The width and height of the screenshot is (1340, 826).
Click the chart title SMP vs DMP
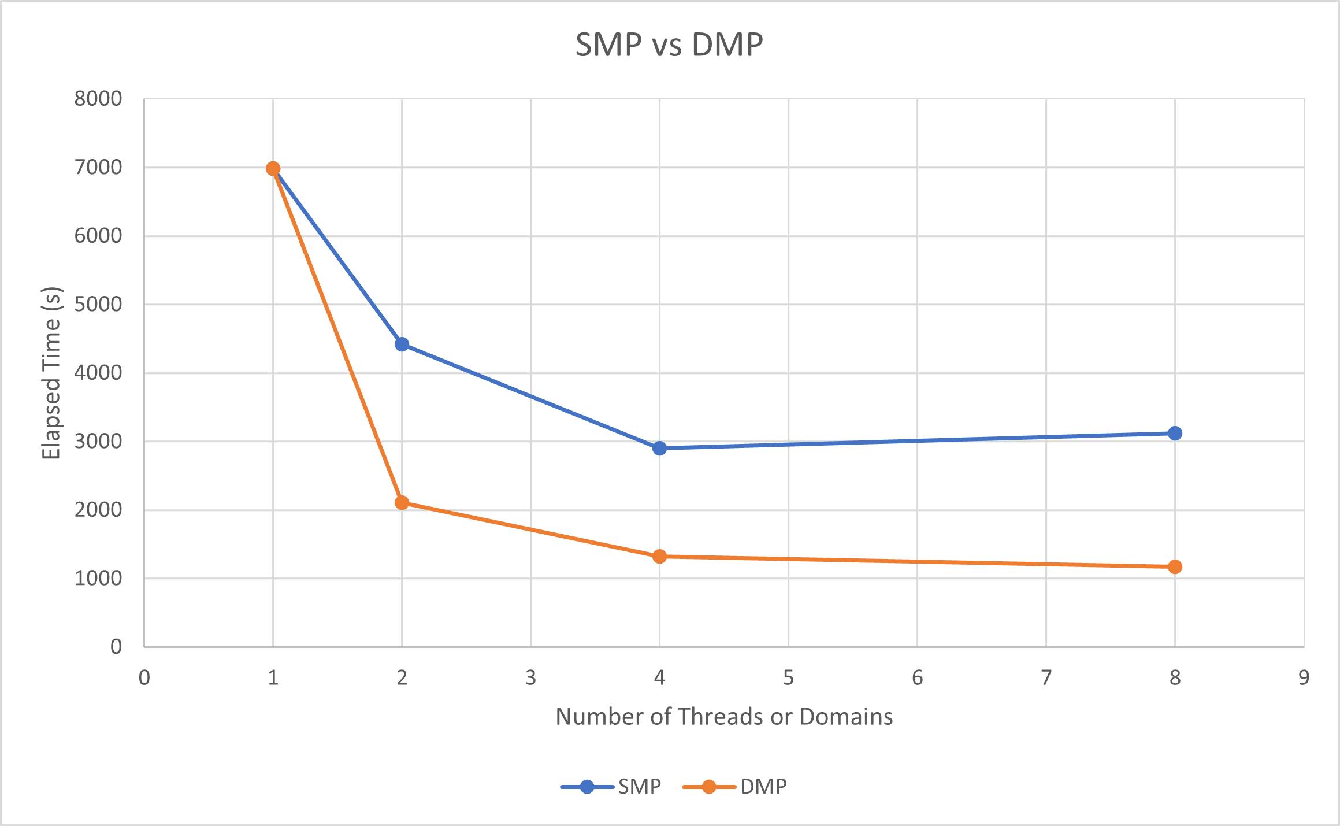point(669,45)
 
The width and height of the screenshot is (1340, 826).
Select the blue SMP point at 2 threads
point(402,345)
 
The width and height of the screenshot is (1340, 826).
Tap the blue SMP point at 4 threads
point(659,448)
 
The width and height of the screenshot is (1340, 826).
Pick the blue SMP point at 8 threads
point(1175,433)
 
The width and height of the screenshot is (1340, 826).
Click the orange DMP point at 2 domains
point(402,503)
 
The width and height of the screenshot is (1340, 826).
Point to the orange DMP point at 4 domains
point(659,557)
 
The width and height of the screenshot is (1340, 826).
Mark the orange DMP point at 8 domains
point(1175,567)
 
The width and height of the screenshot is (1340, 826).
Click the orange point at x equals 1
point(273,169)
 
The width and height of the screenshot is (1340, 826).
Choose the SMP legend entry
point(611,787)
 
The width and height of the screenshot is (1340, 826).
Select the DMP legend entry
point(735,787)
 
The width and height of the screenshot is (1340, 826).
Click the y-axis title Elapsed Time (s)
point(51,373)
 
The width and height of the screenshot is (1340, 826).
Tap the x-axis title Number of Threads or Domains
point(724,717)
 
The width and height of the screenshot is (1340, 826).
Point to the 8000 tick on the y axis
point(98,99)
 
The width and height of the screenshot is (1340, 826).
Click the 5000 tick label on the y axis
point(98,304)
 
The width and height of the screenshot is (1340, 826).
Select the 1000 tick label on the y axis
point(98,578)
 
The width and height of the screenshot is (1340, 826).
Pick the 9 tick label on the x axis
point(1304,677)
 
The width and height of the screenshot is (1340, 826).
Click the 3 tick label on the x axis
point(530,677)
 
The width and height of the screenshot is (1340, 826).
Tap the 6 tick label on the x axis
point(917,677)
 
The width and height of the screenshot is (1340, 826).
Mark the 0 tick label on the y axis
point(116,646)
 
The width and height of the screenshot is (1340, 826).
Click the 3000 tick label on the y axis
point(98,441)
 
